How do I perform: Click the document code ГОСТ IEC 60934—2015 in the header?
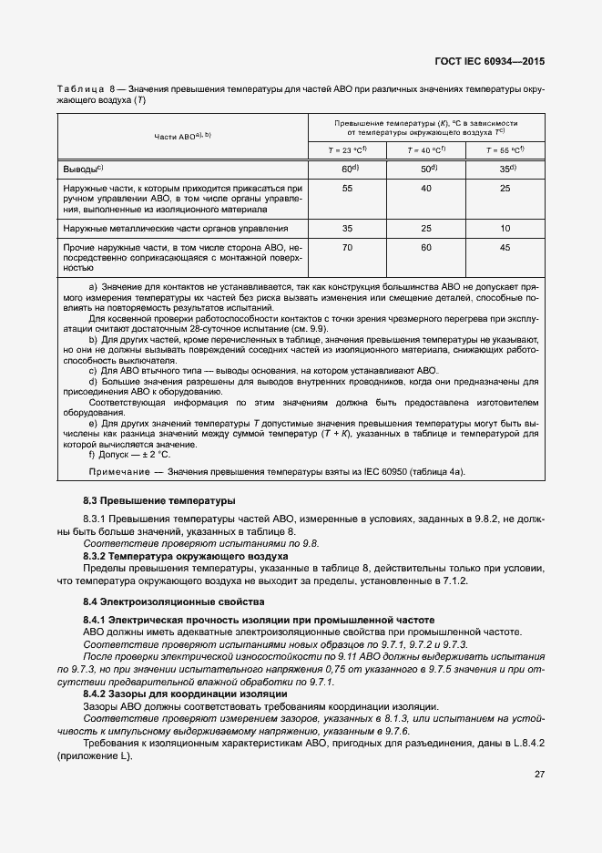click(x=493, y=63)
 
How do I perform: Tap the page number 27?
click(x=538, y=774)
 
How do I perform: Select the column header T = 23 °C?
click(x=347, y=150)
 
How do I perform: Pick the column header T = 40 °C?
click(x=425, y=150)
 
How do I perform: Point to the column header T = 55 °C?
click(x=505, y=150)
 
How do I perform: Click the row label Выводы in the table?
click(x=82, y=170)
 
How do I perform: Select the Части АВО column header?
click(x=182, y=136)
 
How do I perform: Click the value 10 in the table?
click(x=505, y=229)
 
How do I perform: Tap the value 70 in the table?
click(x=347, y=247)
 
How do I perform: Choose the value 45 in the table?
click(x=505, y=247)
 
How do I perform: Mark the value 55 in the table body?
click(x=347, y=188)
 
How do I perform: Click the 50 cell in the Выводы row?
click(x=425, y=170)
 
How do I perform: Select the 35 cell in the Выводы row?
click(x=505, y=170)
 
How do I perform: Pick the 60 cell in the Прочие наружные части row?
click(x=425, y=247)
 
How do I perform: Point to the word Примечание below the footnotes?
click(x=118, y=471)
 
